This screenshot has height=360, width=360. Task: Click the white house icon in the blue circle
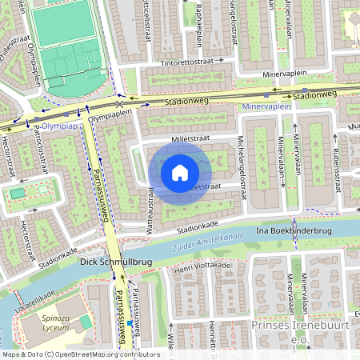tap(180, 172)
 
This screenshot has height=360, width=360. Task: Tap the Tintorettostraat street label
tap(191, 62)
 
